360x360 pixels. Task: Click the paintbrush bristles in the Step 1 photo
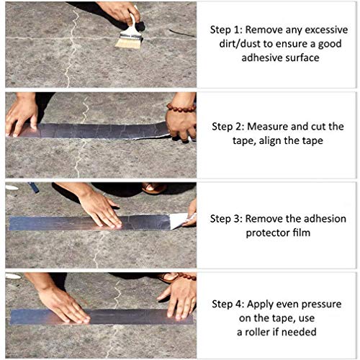(129, 42)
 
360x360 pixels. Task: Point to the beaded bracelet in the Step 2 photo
(181, 109)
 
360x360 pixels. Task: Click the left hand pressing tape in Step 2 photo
(22, 114)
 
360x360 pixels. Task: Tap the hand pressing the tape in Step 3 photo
(97, 209)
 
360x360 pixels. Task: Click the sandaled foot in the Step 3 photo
(153, 189)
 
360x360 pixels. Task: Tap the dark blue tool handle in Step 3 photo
(34, 187)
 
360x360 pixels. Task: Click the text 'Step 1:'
(225, 31)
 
